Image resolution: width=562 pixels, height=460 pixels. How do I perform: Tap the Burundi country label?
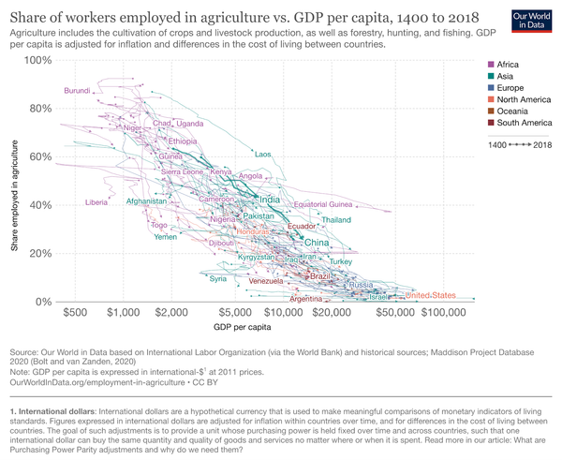click(x=78, y=91)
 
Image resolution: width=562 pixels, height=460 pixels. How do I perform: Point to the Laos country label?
click(x=262, y=155)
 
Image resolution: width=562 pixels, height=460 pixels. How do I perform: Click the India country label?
click(x=269, y=200)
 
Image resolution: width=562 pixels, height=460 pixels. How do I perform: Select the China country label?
click(x=318, y=243)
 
